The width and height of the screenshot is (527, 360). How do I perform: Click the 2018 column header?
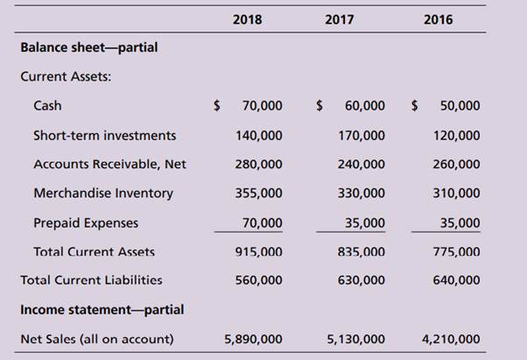(248, 18)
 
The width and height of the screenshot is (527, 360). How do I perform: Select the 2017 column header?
(351, 18)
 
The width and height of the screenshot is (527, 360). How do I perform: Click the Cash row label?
(47, 106)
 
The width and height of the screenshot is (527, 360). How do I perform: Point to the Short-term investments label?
(104, 135)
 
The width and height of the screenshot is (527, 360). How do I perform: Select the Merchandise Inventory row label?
(103, 193)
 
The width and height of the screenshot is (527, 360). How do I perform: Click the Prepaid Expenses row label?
(86, 222)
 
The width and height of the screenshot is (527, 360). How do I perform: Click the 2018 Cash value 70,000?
(262, 106)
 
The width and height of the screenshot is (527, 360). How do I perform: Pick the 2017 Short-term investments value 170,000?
(360, 135)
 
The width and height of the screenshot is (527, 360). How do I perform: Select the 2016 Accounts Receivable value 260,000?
(456, 164)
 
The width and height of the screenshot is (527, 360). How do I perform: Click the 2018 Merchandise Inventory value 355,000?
(258, 193)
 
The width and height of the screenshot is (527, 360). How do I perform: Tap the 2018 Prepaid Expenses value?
(262, 222)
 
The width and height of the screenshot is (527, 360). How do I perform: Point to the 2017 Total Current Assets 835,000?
(360, 251)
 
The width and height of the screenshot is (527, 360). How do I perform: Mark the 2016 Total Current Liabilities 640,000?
(456, 280)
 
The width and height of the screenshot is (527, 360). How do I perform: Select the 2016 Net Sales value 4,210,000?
(450, 338)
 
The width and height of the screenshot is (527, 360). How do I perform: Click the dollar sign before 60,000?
(320, 106)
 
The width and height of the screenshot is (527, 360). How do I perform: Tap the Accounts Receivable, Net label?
(109, 164)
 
